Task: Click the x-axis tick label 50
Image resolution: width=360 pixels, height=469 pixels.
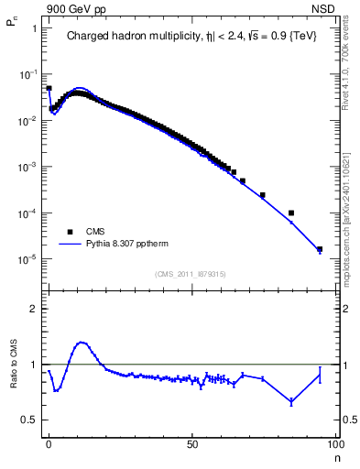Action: [x=192, y=443]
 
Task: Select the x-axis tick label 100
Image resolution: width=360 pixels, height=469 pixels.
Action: [x=334, y=443]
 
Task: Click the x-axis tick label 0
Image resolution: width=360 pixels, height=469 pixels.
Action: [x=49, y=443]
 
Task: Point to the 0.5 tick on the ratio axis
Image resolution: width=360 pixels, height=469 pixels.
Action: [x=28, y=420]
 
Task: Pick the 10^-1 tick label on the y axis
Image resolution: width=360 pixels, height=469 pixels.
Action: [x=26, y=74]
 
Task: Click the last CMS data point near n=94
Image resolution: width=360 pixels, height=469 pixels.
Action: [x=320, y=249]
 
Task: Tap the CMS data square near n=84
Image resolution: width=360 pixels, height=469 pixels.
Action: [x=291, y=213]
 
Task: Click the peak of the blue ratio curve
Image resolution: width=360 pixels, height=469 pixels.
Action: [x=82, y=343]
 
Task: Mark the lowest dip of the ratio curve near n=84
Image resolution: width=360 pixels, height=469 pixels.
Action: [x=291, y=401]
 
